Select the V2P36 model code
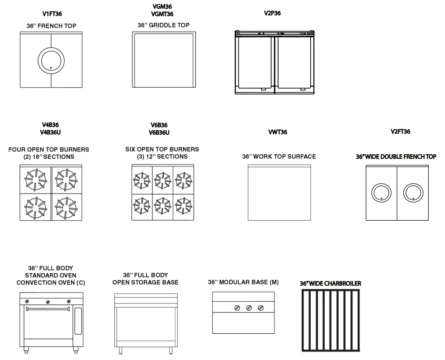coord(272,13)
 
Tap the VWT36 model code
coord(277,132)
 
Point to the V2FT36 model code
coord(400,132)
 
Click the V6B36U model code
coord(159,133)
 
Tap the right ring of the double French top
coord(412,192)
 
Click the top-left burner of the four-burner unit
coord(35,178)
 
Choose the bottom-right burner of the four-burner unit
coord(66,207)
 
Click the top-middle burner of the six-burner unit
coord(162,180)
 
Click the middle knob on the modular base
coord(249,308)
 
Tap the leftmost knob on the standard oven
coord(27,301)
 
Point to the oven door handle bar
coord(48,309)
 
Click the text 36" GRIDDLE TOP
coord(163,25)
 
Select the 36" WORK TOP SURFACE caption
coord(279,156)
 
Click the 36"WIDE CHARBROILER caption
coord(330,284)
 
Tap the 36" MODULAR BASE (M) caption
coord(243,282)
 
